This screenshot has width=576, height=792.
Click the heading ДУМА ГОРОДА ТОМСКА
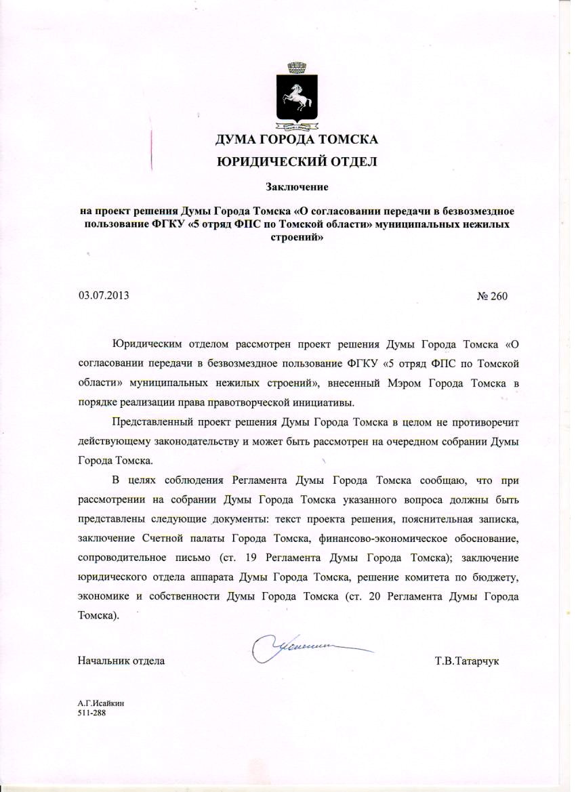pyautogui.click(x=296, y=141)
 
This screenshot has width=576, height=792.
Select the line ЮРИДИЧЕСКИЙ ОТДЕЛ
pyautogui.click(x=295, y=161)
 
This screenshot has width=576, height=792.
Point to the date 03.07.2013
pyautogui.click(x=104, y=295)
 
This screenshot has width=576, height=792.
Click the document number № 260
pyautogui.click(x=493, y=296)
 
